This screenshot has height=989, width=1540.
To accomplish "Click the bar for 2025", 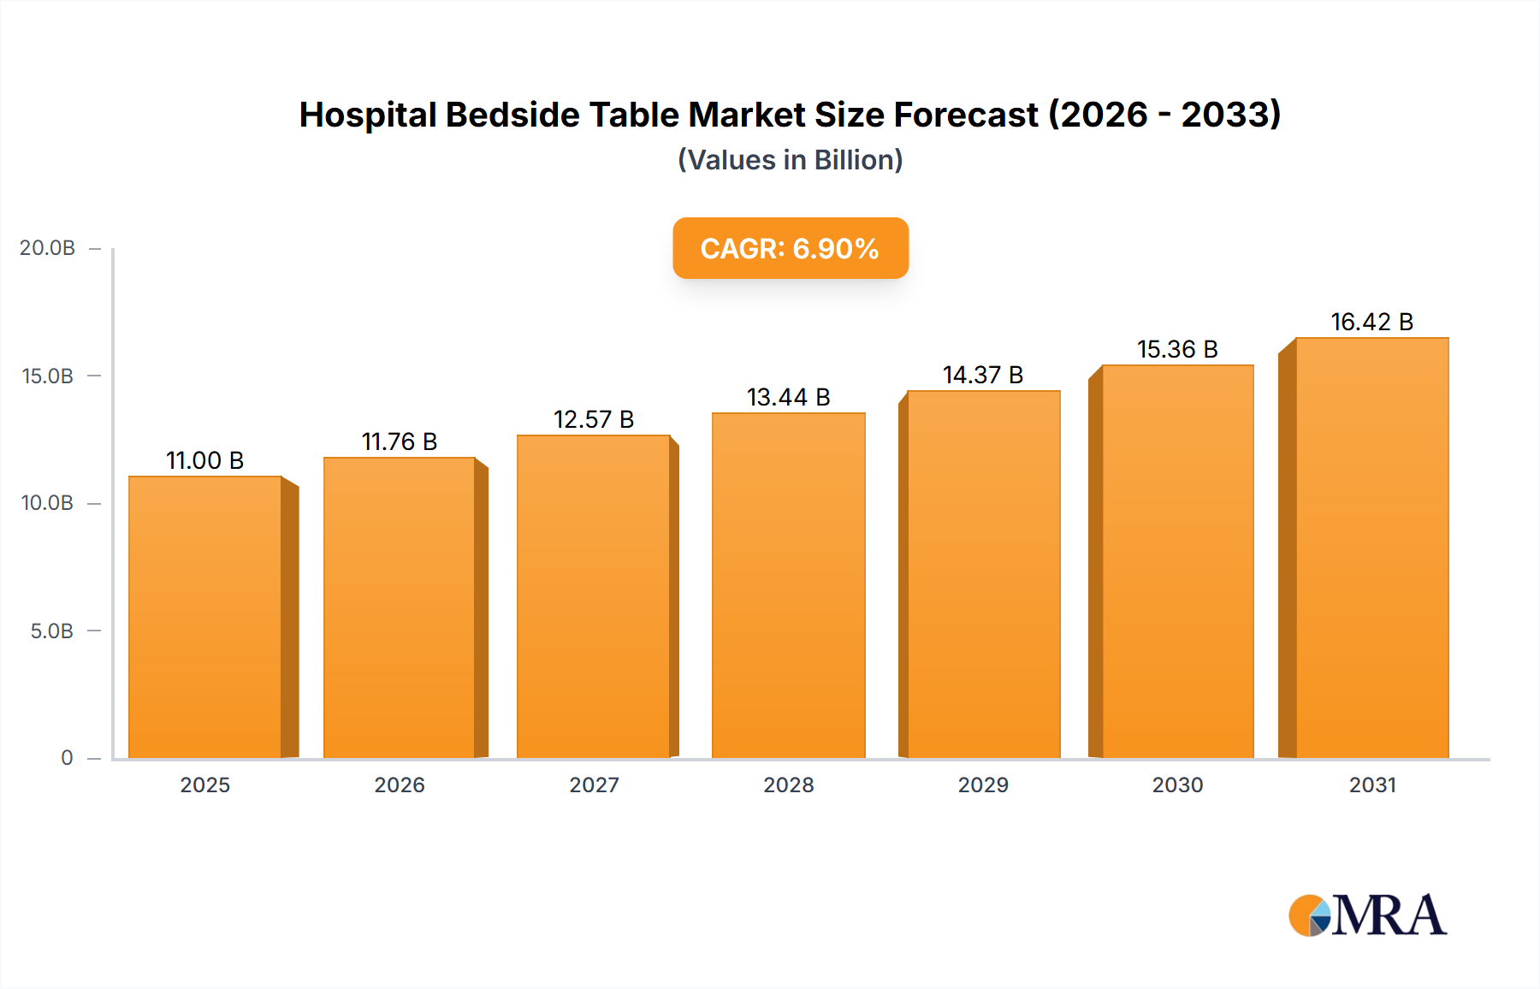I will pos(205,616).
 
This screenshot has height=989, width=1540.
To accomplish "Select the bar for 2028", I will pos(788,585).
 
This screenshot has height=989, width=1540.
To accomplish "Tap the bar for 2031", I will pos(1371,548).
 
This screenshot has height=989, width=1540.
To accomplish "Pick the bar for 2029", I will pos(983,574).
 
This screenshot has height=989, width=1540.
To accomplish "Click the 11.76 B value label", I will pos(400,441).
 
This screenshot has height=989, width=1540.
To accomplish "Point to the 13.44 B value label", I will pos(788,397).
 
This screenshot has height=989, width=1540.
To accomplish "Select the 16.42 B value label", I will pos(1371,322).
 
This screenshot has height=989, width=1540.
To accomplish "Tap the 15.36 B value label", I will pos(1177,349).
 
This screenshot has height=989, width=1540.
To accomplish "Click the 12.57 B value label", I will pos(594,419).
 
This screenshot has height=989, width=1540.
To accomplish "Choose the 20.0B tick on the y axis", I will pos(48,248).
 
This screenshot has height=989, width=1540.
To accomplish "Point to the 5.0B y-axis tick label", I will pos(52,631).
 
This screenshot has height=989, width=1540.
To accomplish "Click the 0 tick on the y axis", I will pos(67,758).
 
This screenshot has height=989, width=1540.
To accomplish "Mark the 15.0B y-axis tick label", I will pos(48,376).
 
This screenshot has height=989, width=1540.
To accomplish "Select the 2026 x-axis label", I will pos(400,785).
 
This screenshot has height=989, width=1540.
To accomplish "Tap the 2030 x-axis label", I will pos(1177,785).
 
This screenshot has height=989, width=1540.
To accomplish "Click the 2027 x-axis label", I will pos(594,785).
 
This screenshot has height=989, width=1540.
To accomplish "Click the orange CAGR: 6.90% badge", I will pos(790,248).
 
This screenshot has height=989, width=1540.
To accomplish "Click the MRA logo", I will pos(1367,915).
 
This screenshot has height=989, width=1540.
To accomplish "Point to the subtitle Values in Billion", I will pos(790,160).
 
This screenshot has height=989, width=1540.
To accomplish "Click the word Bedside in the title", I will pos(512,115).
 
